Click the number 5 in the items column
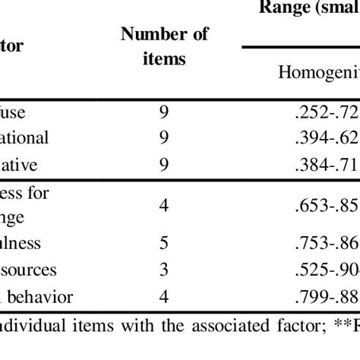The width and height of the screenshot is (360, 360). pos(164,243)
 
